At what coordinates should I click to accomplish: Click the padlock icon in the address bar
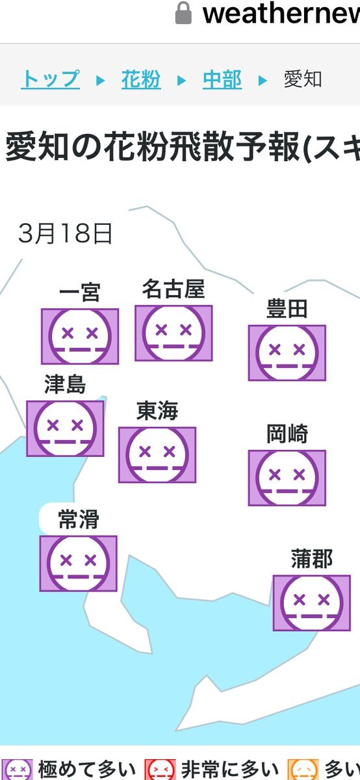[183, 13]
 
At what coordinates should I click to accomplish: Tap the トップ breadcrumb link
[51, 79]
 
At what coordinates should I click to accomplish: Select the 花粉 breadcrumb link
[141, 79]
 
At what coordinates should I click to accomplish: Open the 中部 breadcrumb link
[222, 79]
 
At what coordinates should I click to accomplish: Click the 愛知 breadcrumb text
[303, 79]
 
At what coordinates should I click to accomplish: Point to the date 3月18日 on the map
[65, 233]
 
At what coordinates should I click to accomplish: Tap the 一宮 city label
[80, 292]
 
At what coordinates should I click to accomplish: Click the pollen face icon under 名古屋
[174, 333]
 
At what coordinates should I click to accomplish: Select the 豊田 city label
[287, 309]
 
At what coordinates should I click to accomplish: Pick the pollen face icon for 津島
[65, 428]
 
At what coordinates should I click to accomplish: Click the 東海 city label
[157, 411]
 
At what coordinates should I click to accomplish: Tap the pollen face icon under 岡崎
[287, 478]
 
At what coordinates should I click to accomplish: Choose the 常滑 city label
[79, 519]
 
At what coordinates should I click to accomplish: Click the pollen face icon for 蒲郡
[312, 603]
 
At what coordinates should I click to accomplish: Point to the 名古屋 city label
[174, 289]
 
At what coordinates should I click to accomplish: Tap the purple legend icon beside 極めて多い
[16, 770]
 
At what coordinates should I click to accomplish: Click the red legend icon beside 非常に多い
[160, 770]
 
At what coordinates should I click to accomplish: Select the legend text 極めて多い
[86, 770]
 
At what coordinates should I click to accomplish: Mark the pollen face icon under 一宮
[80, 337]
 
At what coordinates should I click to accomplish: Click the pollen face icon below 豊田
[287, 353]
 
